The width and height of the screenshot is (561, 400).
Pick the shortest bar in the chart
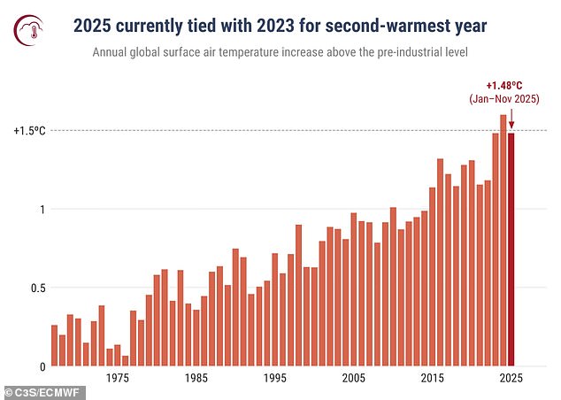[125, 361]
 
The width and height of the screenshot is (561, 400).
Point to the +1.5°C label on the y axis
[29, 130]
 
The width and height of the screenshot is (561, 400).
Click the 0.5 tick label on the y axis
[35, 288]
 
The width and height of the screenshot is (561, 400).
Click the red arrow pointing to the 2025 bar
[511, 119]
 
